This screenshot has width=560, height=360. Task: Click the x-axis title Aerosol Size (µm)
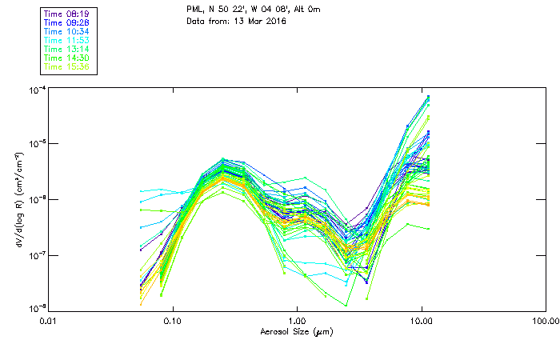click(296, 331)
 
